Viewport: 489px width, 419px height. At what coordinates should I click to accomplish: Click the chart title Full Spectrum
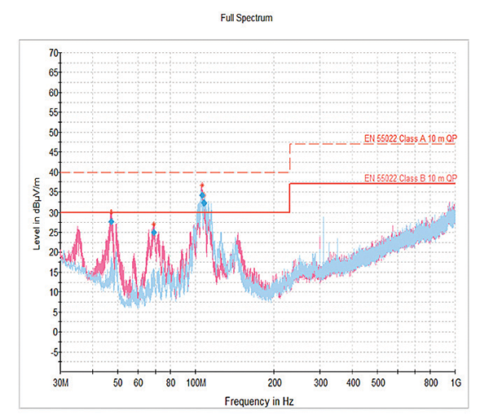click(245, 16)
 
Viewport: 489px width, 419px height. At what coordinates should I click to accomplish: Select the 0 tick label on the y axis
click(55, 332)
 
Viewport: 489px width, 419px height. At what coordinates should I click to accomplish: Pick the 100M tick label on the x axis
click(196, 382)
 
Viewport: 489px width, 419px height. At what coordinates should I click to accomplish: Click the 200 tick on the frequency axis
click(275, 382)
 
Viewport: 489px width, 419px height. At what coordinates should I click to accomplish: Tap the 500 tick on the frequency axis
click(378, 382)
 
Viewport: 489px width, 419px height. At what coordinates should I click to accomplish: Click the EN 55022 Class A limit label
click(409, 138)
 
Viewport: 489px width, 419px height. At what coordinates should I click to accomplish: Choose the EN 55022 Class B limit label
click(409, 177)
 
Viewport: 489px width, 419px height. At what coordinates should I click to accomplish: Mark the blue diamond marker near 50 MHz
click(111, 221)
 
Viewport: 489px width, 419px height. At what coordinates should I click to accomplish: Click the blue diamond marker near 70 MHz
click(154, 233)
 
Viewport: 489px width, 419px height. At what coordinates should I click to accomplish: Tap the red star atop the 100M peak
click(201, 186)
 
